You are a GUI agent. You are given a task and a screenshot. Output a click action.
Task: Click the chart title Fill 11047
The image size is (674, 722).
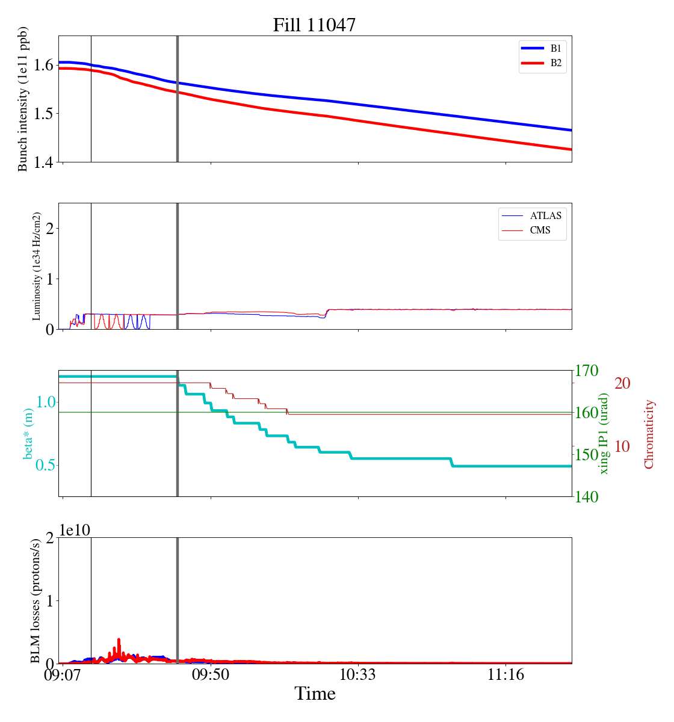(314, 25)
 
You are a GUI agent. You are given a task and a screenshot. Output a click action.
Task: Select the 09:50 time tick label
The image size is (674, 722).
(211, 675)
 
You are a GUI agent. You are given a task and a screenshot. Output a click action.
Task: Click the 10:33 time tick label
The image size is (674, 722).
(358, 675)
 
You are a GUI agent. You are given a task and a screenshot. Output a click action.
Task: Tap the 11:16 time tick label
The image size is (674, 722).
(505, 675)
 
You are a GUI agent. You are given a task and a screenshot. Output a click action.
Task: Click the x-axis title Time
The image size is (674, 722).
(315, 694)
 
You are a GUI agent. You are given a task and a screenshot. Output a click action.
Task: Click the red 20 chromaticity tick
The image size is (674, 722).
(622, 383)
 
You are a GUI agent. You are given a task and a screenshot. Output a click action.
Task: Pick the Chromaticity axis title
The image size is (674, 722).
(649, 434)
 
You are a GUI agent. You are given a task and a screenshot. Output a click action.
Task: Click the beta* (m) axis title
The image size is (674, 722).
(28, 433)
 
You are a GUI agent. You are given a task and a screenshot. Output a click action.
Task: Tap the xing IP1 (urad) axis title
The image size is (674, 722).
(604, 433)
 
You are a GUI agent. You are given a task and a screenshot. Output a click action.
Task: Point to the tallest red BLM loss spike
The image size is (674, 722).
(119, 640)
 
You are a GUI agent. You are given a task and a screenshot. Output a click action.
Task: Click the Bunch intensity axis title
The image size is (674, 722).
(23, 99)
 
